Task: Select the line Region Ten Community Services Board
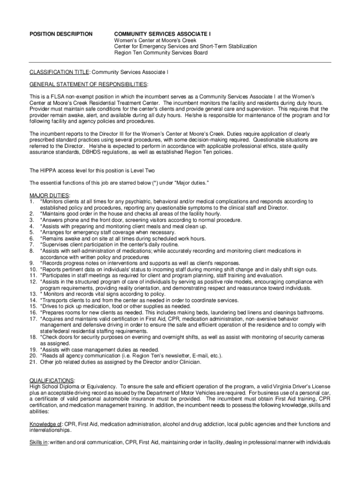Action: pyautogui.click(x=161, y=53)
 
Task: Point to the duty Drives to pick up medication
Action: pyautogui.click(x=115, y=306)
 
